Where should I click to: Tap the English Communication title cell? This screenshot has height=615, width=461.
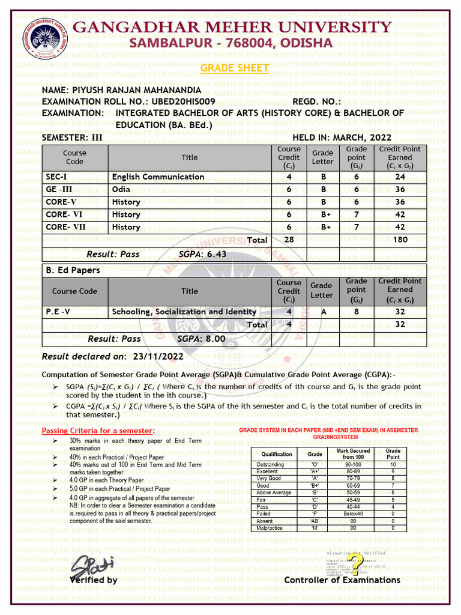(158, 177)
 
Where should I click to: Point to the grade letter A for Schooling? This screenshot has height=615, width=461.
(322, 312)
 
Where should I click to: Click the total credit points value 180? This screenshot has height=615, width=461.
(400, 240)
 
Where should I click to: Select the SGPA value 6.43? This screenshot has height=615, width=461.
(217, 254)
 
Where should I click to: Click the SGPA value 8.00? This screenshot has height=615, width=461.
(215, 339)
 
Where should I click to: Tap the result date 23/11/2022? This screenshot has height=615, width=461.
(158, 356)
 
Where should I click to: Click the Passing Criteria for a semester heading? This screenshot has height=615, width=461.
(98, 431)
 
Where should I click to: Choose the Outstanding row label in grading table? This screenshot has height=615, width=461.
(271, 465)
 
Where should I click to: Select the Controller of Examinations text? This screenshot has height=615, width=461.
(342, 580)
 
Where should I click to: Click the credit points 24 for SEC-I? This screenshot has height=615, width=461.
(400, 177)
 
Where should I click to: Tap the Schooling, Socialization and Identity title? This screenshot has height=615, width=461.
(184, 312)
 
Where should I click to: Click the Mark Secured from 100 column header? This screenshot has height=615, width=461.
(353, 454)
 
